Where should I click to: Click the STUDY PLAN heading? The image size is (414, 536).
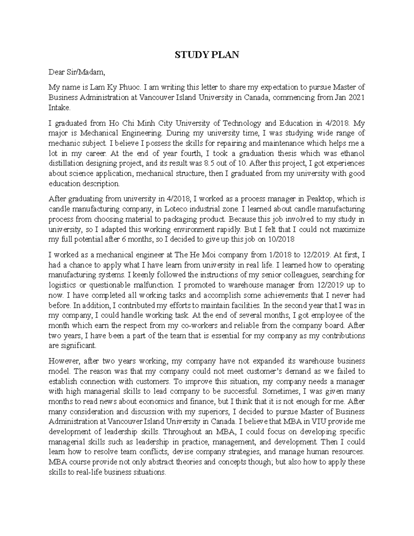[x=207, y=55]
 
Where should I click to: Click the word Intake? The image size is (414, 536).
[x=59, y=108]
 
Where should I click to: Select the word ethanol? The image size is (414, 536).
[x=352, y=153]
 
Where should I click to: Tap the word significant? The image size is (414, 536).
[x=80, y=345]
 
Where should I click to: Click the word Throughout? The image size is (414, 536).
[x=184, y=432]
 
